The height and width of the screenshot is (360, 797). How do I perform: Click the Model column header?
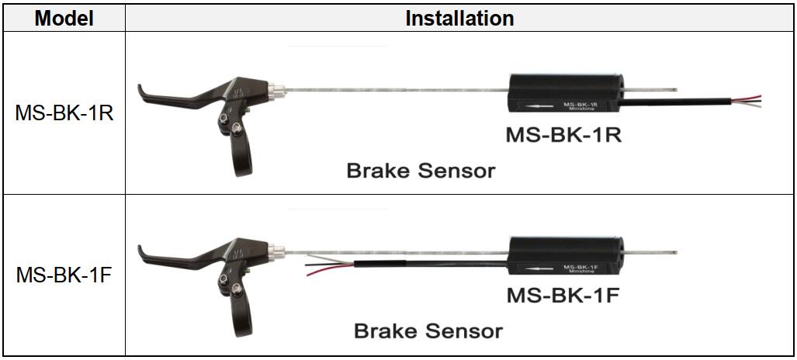(64, 17)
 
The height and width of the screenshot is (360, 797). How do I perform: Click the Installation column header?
(459, 17)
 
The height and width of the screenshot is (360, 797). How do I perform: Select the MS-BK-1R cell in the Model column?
(64, 113)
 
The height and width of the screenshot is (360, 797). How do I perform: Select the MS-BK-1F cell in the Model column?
(64, 275)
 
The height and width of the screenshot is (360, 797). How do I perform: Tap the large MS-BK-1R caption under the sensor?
(564, 134)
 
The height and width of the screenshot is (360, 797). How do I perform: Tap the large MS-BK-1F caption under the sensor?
(564, 296)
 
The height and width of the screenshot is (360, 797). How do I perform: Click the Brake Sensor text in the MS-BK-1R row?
(420, 170)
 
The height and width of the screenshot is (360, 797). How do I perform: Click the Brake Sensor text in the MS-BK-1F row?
(428, 331)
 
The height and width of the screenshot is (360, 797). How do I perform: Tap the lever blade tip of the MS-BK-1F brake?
(144, 252)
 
